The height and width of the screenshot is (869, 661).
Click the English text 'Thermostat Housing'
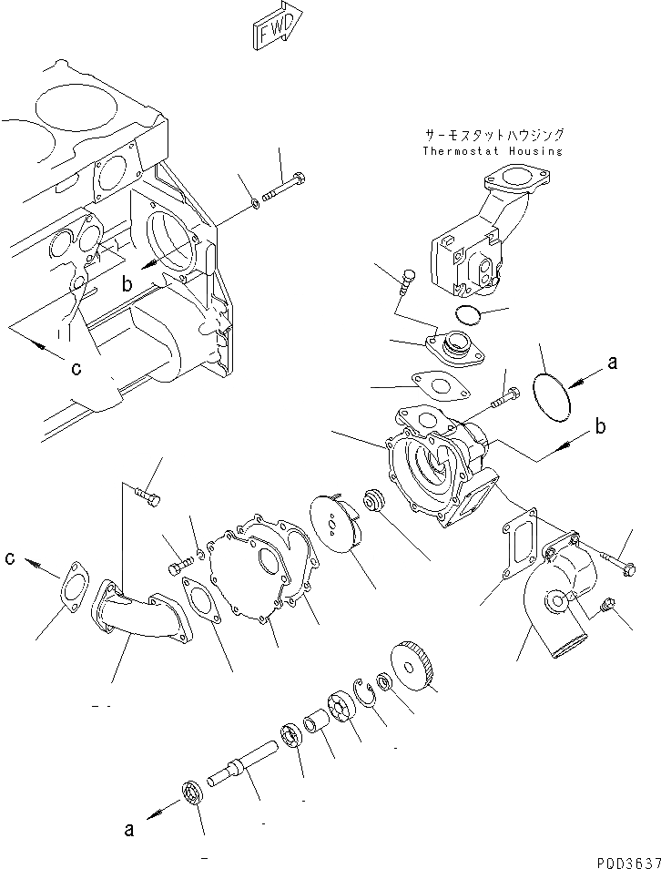[493, 151]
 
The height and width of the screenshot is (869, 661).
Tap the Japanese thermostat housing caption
[493, 134]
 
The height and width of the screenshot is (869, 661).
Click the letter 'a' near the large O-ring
[612, 363]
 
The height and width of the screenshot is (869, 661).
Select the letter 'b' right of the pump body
[600, 426]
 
